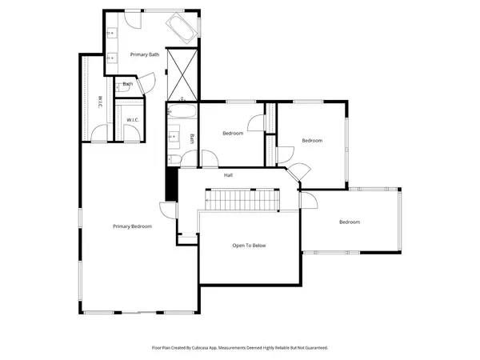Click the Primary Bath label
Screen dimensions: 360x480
click(145, 54)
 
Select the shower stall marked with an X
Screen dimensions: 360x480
click(181, 73)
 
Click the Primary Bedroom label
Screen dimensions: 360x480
click(132, 226)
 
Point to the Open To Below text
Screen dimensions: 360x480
click(249, 246)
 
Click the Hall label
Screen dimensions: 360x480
click(228, 175)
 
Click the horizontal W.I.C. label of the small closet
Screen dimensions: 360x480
click(133, 120)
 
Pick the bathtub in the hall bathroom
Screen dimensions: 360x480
click(181, 111)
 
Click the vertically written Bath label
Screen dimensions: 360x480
click(193, 138)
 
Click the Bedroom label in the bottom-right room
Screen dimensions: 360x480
click(349, 222)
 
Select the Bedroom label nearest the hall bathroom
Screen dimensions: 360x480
click(233, 134)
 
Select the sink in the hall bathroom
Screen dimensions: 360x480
click(174, 138)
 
